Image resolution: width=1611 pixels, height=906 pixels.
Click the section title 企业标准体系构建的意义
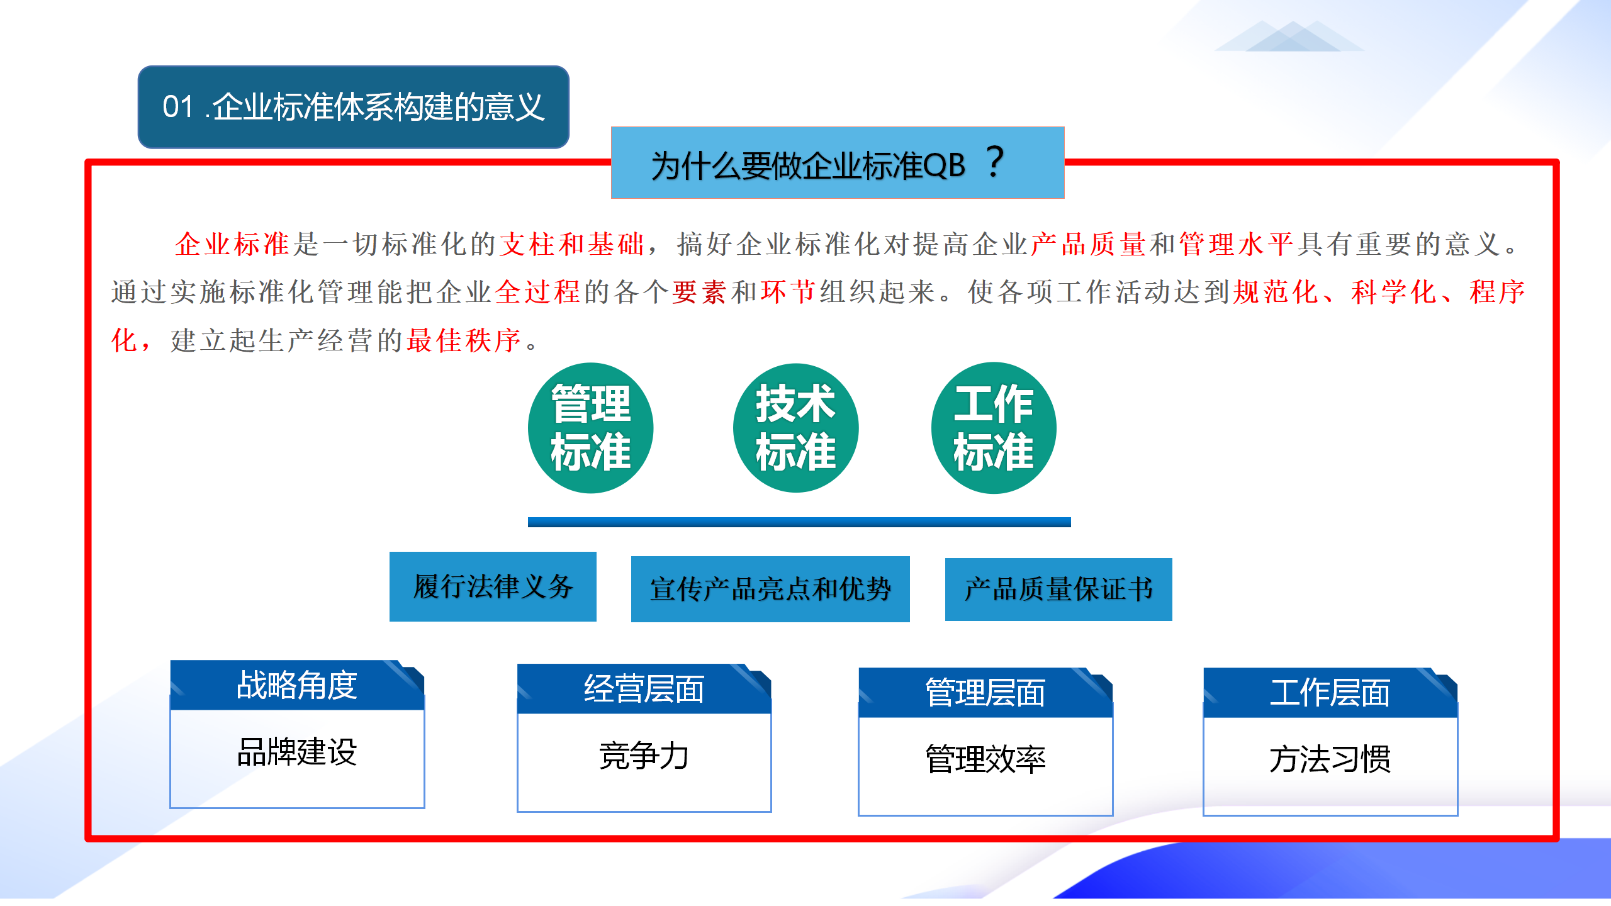click(x=378, y=106)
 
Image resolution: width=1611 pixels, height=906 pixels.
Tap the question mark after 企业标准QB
click(x=995, y=162)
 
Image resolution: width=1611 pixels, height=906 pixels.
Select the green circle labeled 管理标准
click(x=590, y=428)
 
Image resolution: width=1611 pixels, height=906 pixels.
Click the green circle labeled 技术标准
click(x=795, y=428)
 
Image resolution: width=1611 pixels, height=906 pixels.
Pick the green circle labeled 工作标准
click(x=994, y=428)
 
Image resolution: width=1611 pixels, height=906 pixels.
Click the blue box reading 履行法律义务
click(x=493, y=586)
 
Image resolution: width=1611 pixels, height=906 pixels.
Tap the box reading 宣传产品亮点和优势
click(x=770, y=589)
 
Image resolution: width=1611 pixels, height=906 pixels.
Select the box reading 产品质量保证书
click(x=1058, y=589)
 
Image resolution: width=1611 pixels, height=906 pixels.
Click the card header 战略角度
click(x=297, y=685)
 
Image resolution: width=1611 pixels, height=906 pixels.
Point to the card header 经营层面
click(x=644, y=689)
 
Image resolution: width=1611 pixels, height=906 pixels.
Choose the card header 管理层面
click(x=985, y=693)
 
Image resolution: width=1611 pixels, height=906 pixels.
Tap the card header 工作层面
click(x=1330, y=693)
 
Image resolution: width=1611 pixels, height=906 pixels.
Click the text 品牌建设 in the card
click(x=297, y=752)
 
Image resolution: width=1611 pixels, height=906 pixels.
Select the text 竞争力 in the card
click(x=644, y=756)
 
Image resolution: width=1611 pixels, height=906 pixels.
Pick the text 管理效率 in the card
click(x=985, y=759)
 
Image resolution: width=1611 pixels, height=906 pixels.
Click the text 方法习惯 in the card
click(x=1330, y=759)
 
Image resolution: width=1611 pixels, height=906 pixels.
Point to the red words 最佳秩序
click(x=464, y=340)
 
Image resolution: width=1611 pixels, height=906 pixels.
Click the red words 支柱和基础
click(x=571, y=244)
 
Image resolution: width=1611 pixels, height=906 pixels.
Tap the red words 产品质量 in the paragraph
click(x=1088, y=244)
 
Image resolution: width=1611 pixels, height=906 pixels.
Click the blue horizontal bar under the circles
click(x=799, y=522)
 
